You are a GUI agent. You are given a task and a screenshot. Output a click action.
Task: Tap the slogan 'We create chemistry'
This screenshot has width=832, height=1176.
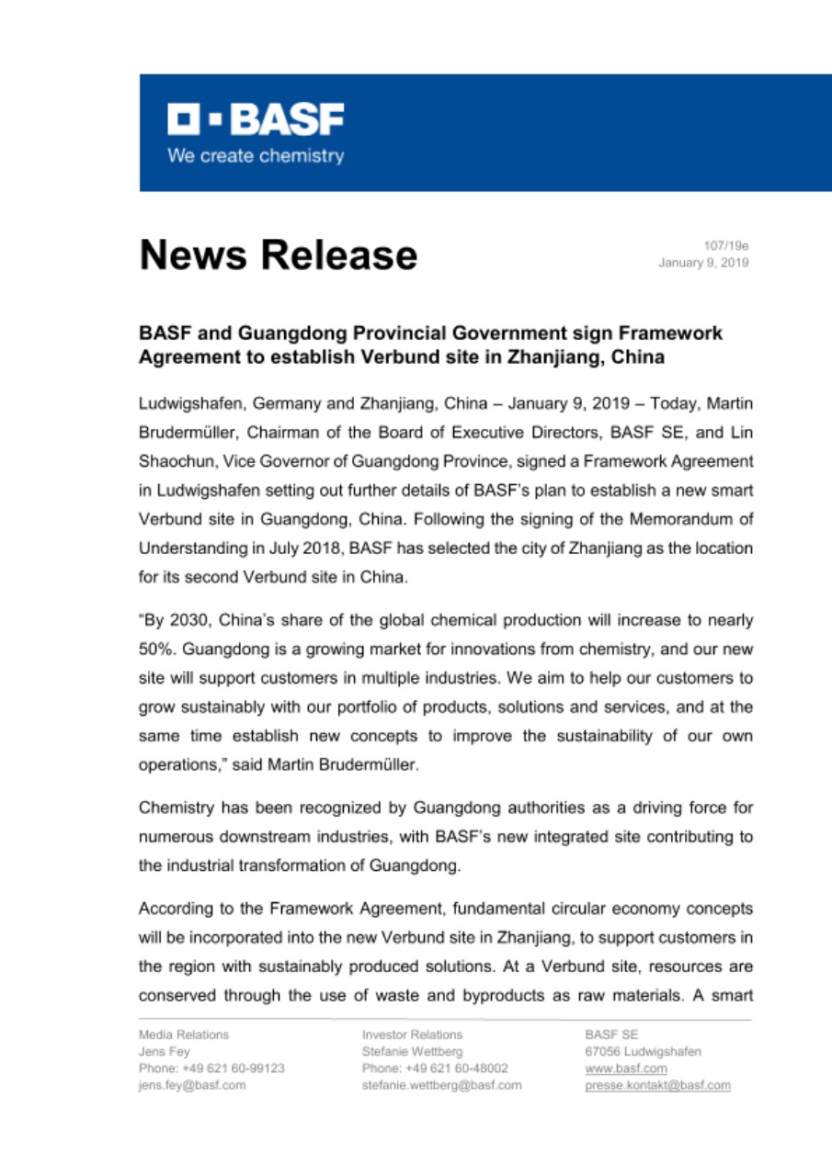point(255,155)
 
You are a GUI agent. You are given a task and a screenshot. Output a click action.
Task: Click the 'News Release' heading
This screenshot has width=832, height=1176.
point(278,254)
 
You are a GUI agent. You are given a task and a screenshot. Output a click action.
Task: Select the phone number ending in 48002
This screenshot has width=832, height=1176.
point(429,1068)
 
